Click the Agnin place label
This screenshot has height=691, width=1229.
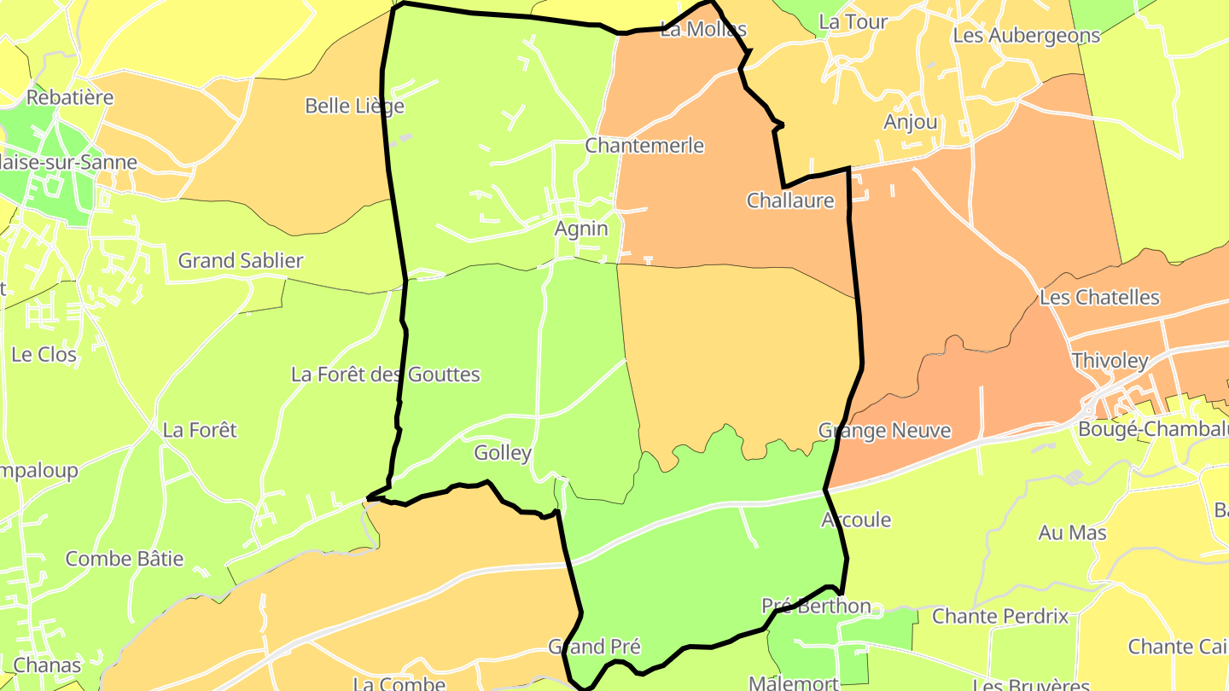click(x=581, y=229)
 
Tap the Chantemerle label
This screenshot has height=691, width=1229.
click(x=644, y=146)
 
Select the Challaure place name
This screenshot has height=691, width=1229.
click(x=790, y=201)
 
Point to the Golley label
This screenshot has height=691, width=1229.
click(x=503, y=453)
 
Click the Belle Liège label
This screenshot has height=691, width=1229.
click(x=354, y=107)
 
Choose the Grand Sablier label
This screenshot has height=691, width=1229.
click(x=241, y=261)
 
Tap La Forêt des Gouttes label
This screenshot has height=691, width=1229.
click(x=386, y=375)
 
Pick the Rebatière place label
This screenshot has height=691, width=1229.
click(x=70, y=97)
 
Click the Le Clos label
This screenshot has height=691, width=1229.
click(x=44, y=355)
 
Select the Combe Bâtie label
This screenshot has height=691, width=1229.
click(x=125, y=560)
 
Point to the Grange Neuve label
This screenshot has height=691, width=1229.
click(x=884, y=431)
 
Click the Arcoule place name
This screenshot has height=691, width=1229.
click(x=856, y=520)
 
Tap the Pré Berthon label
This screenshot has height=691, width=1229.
click(x=816, y=607)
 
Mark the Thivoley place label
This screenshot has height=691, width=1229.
click(x=1110, y=361)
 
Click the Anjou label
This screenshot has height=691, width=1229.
click(x=911, y=122)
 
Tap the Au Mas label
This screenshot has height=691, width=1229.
click(x=1073, y=533)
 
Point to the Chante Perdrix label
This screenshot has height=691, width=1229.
click(x=1000, y=616)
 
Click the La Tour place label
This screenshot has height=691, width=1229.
click(x=853, y=23)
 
